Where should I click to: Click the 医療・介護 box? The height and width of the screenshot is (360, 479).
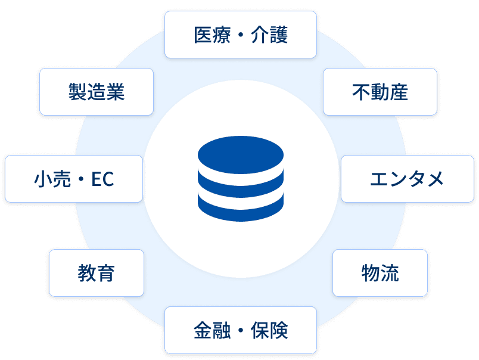(x=241, y=35)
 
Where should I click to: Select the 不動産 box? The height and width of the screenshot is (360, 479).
(x=380, y=92)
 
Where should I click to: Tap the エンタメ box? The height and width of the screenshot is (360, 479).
(x=408, y=179)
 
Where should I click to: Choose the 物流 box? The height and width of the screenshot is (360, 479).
(x=380, y=273)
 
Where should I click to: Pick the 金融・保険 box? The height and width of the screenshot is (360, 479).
(x=241, y=330)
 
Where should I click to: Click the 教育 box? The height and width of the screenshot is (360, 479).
(x=97, y=273)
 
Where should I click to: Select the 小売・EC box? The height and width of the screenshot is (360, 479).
(x=74, y=179)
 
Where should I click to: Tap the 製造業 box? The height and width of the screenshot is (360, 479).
(x=97, y=92)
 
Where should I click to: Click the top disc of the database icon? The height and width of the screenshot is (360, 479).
(x=241, y=155)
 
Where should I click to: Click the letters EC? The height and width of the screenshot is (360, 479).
(x=102, y=179)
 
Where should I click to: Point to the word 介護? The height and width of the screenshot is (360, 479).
(x=269, y=35)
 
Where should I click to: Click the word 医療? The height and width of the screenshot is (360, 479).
(x=212, y=35)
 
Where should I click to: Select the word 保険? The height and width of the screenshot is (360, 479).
(x=269, y=330)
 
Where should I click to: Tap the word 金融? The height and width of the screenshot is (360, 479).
(x=212, y=330)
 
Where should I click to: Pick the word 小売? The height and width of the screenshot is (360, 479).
(x=52, y=179)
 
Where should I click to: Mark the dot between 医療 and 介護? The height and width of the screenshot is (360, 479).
(x=241, y=35)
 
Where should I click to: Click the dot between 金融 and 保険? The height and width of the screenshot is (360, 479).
(x=241, y=330)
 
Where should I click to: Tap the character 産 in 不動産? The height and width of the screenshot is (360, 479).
(x=399, y=92)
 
